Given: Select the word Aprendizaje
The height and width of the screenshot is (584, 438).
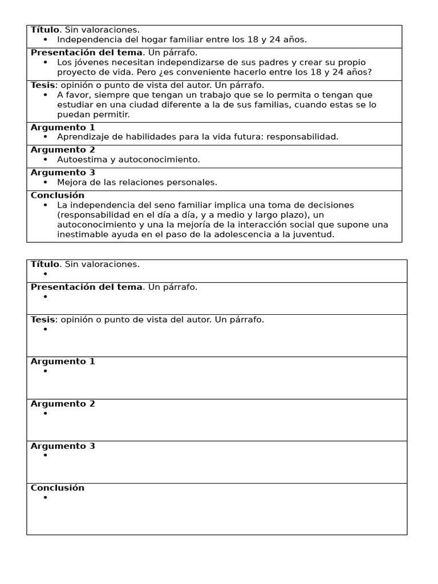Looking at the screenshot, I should tap(82, 137).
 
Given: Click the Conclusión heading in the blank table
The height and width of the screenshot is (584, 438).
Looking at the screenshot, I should tap(57, 488).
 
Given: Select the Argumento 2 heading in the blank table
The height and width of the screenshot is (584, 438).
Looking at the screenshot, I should tap(63, 404).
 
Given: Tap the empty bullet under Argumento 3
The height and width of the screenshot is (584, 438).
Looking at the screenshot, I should tap(45, 456).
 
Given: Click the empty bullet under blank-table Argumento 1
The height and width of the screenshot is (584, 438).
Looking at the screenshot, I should tap(45, 371).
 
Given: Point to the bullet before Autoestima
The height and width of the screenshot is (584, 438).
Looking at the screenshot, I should tap(45, 160).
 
